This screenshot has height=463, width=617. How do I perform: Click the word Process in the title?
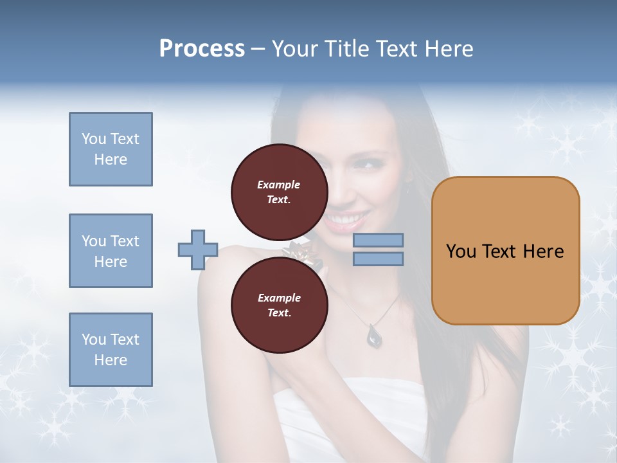(202, 49)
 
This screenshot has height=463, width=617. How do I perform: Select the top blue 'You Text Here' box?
(111, 149)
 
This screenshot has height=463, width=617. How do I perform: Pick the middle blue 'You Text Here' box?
(111, 251)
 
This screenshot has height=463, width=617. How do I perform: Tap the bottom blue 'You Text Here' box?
(111, 350)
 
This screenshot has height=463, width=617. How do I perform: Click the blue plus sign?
(198, 250)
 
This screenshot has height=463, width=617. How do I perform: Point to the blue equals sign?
(379, 250)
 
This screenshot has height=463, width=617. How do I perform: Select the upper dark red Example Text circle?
(279, 192)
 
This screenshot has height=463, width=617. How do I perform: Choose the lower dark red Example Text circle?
(279, 305)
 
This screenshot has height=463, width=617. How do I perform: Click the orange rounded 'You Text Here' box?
(505, 251)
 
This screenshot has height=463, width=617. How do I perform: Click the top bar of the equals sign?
(379, 241)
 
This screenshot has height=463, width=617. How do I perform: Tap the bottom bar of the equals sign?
(379, 259)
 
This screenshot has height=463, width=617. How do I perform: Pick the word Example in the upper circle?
(279, 185)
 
